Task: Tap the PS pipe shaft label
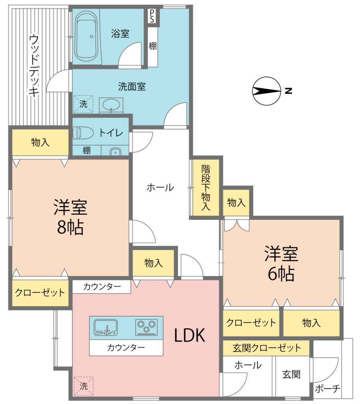(152, 16)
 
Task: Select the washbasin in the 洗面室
(111, 105)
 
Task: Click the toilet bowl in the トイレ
(83, 133)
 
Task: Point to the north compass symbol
(267, 91)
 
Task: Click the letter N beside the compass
(289, 91)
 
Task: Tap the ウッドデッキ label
(34, 66)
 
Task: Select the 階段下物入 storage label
(206, 187)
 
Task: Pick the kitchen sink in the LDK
(106, 327)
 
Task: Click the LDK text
(190, 335)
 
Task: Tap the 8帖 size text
(70, 228)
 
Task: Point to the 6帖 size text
(281, 274)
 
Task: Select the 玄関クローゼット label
(267, 348)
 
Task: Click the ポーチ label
(328, 389)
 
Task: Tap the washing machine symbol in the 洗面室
(83, 104)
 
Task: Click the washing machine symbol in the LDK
(84, 386)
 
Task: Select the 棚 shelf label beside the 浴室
(153, 46)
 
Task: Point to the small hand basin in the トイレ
(116, 152)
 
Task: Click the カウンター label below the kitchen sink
(126, 348)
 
